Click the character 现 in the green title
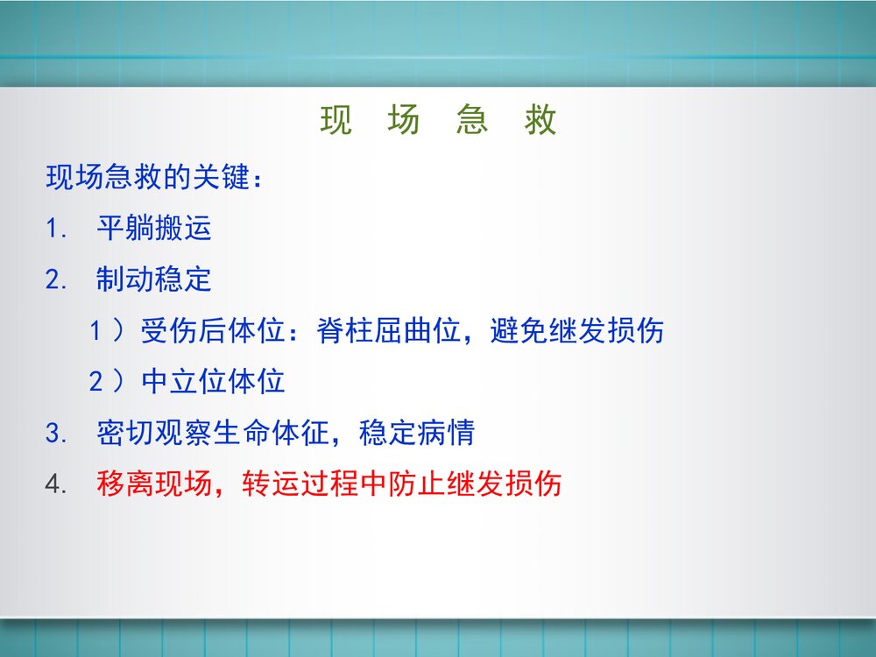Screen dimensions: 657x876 [x=336, y=121]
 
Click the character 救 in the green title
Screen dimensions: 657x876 [x=541, y=121]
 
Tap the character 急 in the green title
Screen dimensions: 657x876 [x=472, y=121]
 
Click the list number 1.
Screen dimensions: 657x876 [x=55, y=230]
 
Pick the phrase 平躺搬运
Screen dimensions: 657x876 [x=154, y=229]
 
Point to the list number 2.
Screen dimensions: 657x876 [x=55, y=280]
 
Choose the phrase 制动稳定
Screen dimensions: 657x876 [x=154, y=279]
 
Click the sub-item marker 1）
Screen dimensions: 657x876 [x=107, y=331]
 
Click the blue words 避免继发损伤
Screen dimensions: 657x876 [x=577, y=331]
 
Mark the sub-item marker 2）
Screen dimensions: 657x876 [x=107, y=382]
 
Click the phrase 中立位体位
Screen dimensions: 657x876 [x=213, y=382]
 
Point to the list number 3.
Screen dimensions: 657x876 [x=55, y=434]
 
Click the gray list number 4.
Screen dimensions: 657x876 [x=55, y=484]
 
